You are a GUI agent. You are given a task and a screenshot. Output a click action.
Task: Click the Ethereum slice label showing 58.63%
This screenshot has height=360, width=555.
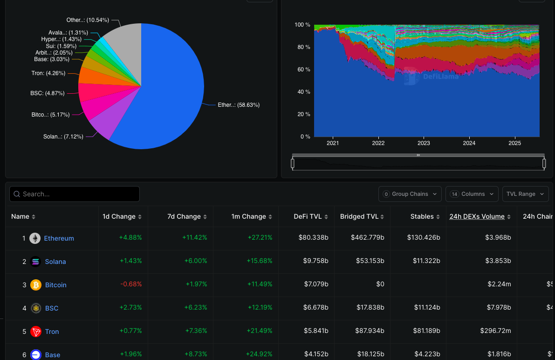click(239, 105)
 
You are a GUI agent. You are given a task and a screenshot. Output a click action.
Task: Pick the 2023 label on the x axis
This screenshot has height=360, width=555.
click(424, 143)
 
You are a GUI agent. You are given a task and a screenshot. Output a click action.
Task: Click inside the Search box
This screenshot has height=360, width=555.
click(75, 194)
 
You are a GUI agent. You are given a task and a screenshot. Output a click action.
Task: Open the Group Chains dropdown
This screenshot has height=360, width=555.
click(410, 194)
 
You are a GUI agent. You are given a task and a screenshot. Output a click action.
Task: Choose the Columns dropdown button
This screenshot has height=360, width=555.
click(472, 194)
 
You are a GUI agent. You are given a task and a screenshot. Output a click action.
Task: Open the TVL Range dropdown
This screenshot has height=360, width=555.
click(525, 194)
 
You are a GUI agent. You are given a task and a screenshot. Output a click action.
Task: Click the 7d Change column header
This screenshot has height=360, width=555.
click(185, 216)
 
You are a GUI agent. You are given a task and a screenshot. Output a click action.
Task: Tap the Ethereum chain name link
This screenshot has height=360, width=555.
click(59, 238)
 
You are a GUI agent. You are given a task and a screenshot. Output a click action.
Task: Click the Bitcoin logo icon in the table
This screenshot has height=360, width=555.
click(36, 285)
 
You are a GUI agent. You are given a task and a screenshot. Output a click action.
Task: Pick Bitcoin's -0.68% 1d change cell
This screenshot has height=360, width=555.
click(130, 285)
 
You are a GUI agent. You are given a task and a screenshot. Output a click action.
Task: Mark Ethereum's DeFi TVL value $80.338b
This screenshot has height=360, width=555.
click(313, 238)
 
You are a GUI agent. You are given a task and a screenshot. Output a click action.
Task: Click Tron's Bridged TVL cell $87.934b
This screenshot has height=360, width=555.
click(368, 332)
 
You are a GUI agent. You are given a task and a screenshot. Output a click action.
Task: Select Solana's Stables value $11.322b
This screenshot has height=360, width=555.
click(426, 262)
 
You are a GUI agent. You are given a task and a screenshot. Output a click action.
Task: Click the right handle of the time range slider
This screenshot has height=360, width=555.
click(544, 163)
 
